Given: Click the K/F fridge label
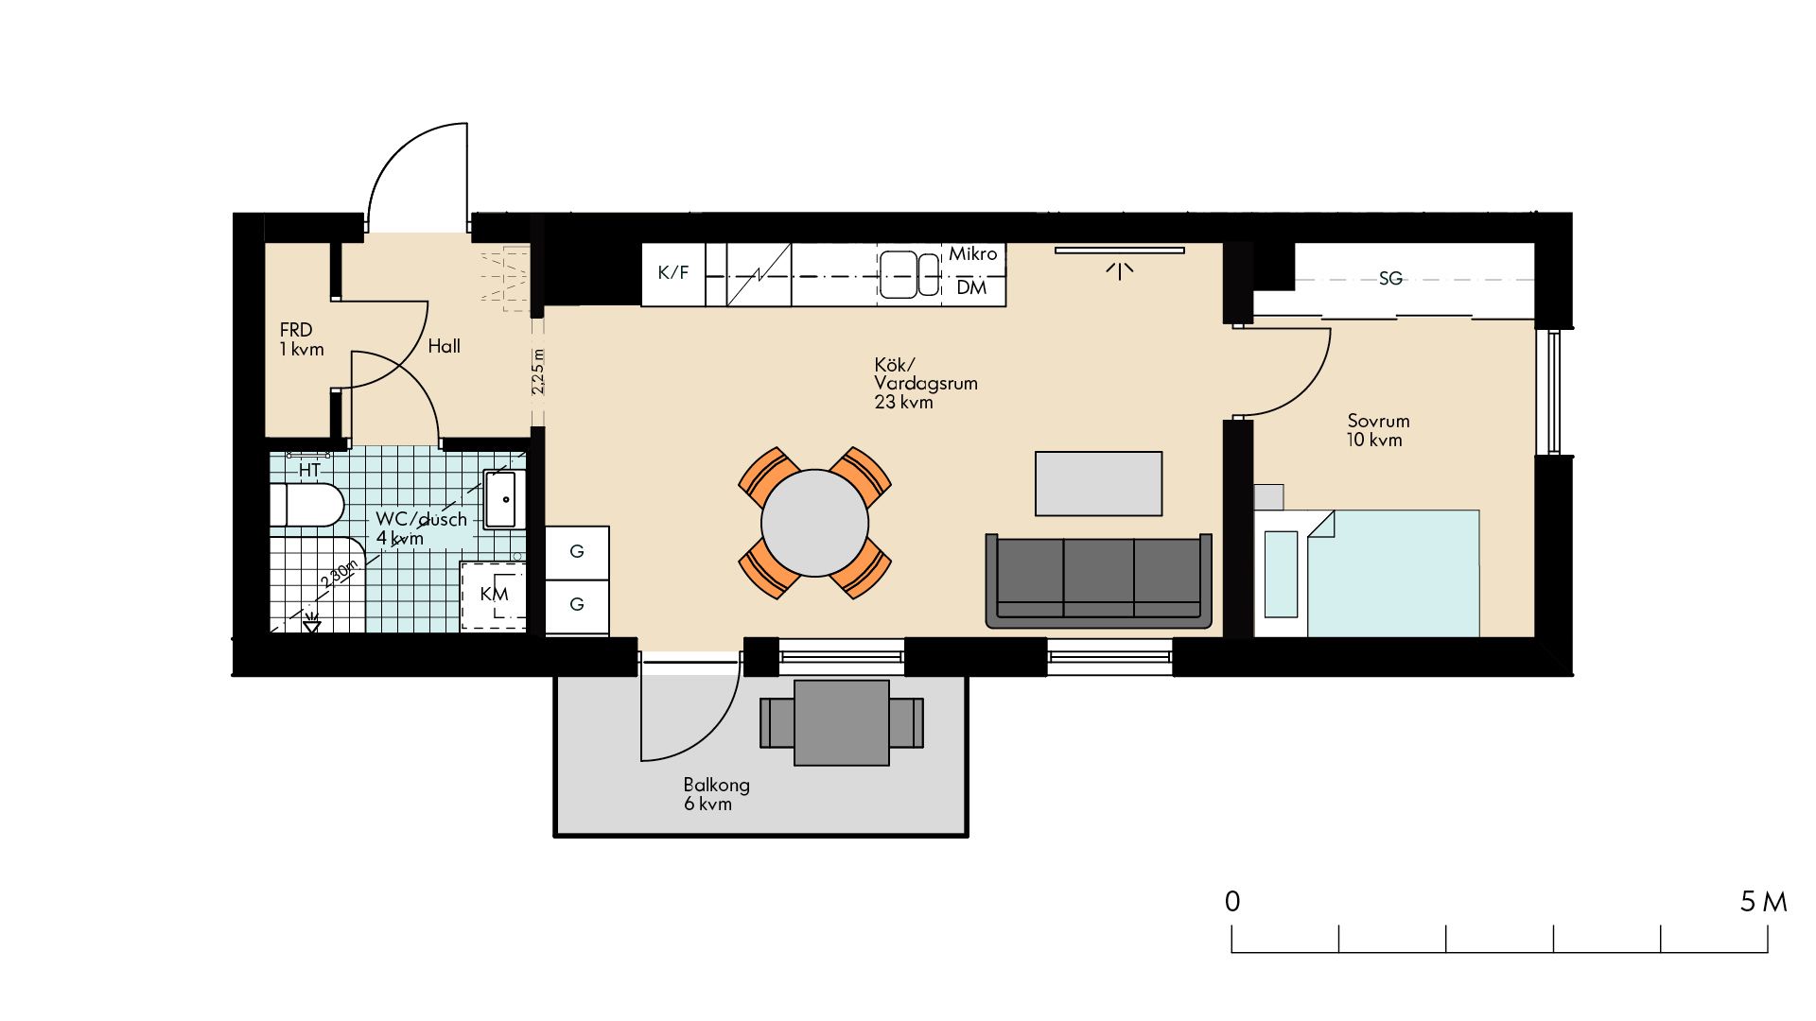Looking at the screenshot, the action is tap(673, 272).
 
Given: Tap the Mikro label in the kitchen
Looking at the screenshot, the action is tap(973, 253).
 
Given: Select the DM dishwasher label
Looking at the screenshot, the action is tap(971, 287).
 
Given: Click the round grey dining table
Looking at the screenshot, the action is tap(814, 523).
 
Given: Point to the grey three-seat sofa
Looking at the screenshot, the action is tap(1099, 581).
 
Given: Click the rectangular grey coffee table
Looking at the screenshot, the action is tap(1099, 483).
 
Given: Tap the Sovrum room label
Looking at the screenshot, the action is tap(1378, 421).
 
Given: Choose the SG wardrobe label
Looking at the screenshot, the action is tap(1390, 278).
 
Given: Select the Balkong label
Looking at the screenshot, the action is tap(716, 785).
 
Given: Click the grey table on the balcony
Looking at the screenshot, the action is tap(842, 722).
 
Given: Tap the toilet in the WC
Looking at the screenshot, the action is tap(306, 505).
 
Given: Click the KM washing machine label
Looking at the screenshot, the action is tap(494, 594).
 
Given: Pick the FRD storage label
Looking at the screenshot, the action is tap(296, 330).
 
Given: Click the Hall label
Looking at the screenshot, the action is tap(444, 346).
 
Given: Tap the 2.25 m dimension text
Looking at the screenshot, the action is tap(537, 372).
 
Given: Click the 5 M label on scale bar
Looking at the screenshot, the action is tap(1764, 902).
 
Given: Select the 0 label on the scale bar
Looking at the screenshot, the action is tap(1232, 902).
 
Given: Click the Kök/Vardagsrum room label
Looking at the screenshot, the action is tap(926, 383).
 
